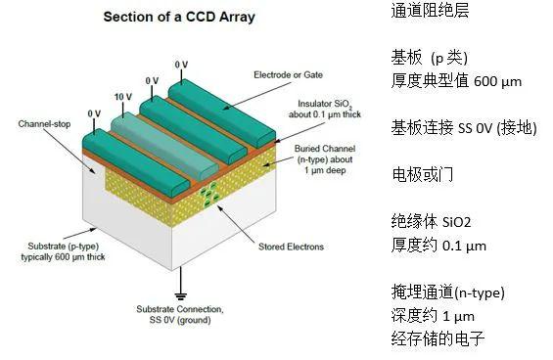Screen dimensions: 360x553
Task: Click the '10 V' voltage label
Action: click(122, 97)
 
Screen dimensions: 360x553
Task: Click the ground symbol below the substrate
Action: click(181, 291)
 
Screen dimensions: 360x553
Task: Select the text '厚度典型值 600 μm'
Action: click(456, 81)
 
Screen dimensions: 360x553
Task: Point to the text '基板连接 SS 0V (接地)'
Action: click(462, 128)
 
